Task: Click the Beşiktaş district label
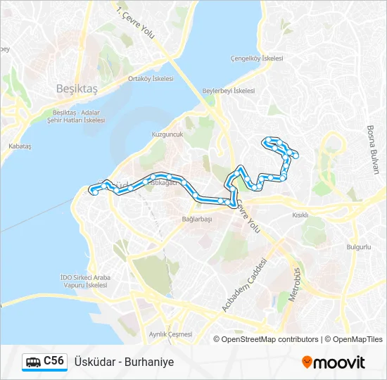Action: pos(75,89)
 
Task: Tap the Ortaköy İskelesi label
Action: pos(151,79)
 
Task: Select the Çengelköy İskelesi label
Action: pos(257,58)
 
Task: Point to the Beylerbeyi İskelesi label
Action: pos(228,91)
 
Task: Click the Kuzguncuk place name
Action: pos(167,134)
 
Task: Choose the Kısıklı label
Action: pos(300,215)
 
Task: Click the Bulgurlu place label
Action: pos(358,247)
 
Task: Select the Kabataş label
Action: pos(20,146)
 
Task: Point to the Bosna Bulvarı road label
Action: pos(372,149)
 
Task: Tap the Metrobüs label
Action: pos(297,284)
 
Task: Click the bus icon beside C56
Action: pos(33,362)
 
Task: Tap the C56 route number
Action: pos(54,362)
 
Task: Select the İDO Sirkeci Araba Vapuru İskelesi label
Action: pos(84,281)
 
